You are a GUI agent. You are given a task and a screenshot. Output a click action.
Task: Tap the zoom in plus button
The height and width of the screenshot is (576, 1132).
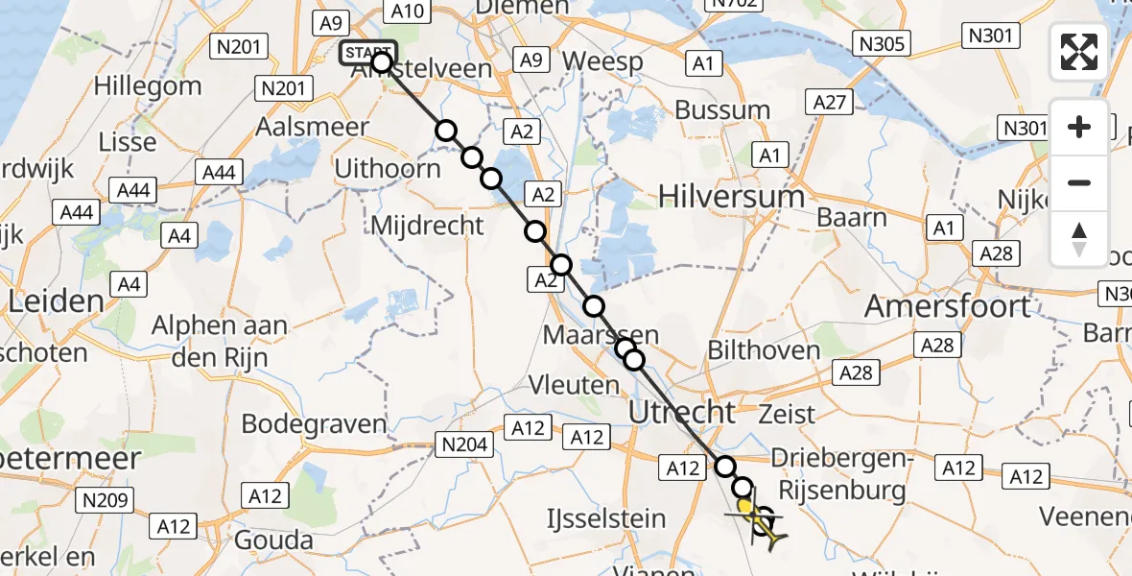(1079, 127)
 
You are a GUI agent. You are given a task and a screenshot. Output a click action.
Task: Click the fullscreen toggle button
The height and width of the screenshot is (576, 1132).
(1079, 52)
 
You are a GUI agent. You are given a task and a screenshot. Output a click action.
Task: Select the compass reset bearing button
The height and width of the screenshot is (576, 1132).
(1079, 238)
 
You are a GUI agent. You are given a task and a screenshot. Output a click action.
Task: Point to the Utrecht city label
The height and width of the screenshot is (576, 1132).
(681, 413)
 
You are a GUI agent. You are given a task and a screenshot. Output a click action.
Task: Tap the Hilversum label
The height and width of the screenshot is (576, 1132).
(731, 197)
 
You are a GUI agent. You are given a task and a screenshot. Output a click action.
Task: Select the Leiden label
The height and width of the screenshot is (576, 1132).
(56, 301)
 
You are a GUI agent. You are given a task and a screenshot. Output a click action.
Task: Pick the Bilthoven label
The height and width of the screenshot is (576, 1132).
(764, 350)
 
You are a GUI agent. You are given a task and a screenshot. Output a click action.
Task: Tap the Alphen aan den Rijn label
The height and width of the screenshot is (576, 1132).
(220, 340)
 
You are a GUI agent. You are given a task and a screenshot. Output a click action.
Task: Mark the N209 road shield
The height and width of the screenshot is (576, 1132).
(106, 499)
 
